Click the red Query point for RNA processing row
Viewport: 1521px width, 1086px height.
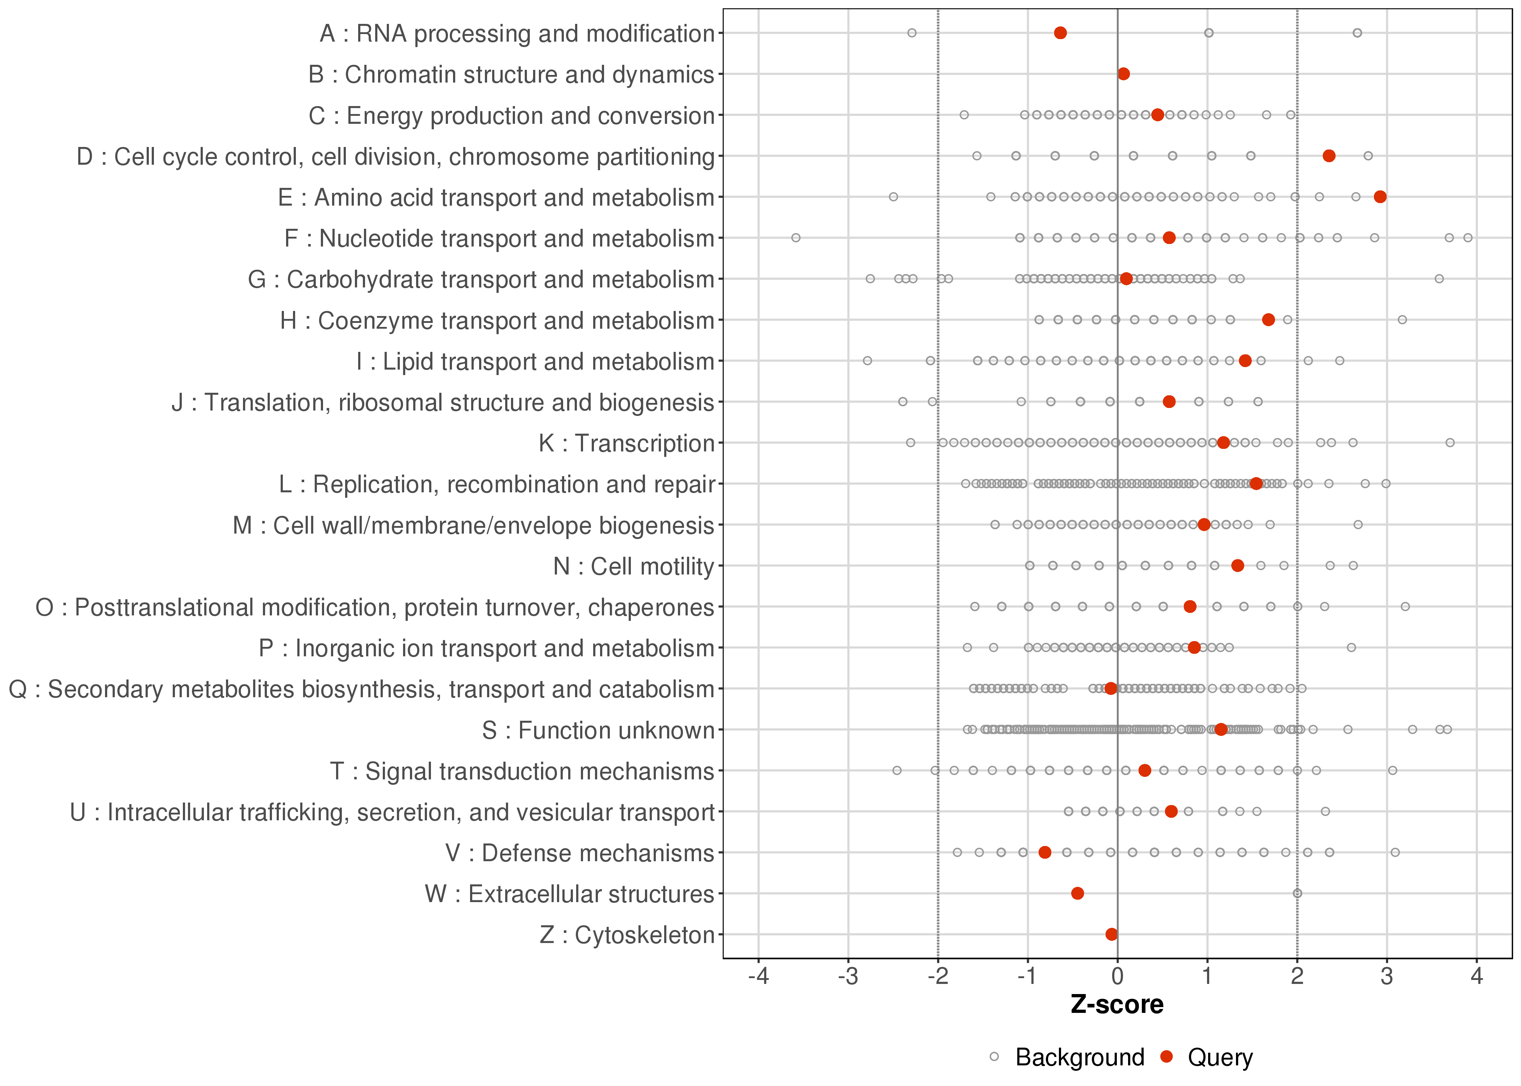1060,33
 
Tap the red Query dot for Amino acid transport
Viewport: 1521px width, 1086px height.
1380,197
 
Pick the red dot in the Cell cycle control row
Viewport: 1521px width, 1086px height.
1329,156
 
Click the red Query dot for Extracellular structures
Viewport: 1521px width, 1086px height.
1077,893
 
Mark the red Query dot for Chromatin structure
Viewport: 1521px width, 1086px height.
1124,73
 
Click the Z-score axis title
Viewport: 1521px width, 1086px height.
1117,1005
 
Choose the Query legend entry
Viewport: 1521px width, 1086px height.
1219,1057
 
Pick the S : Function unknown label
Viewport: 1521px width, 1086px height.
598,730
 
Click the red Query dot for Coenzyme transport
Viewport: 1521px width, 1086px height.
1268,320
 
